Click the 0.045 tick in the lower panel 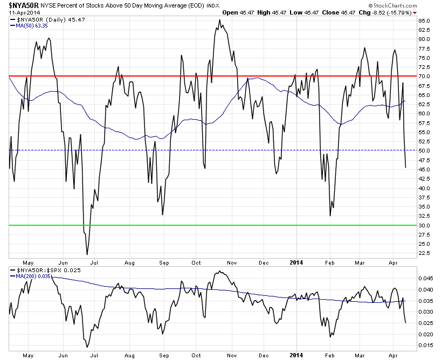427,279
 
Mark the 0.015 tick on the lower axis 427,345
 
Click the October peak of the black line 219,20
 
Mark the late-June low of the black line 87,254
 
